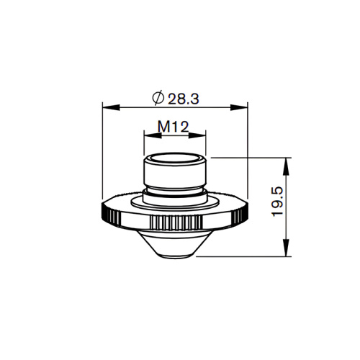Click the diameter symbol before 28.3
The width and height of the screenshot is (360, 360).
(158, 97)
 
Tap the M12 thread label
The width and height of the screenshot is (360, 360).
(173, 126)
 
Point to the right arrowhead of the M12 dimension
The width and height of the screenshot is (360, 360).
(202, 135)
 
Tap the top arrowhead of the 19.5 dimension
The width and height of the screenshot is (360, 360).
(289, 161)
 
